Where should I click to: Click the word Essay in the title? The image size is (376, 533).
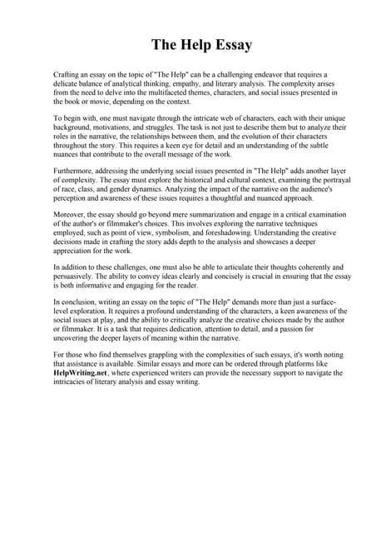coord(226,44)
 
